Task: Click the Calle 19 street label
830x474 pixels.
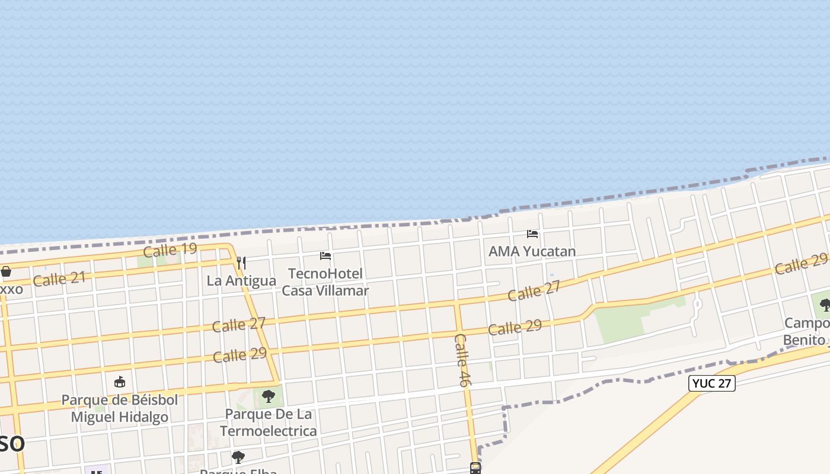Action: pos(170,249)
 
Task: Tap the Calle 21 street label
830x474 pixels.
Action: pos(59,278)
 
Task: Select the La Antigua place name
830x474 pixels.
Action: pos(241,281)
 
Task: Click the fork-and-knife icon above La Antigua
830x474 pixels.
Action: pos(241,262)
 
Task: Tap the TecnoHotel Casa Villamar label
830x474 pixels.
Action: pos(325,282)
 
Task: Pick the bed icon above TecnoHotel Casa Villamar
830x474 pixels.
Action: pos(325,256)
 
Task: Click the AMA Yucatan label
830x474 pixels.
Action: pos(532,251)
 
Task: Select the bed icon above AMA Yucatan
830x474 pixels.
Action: pos(532,234)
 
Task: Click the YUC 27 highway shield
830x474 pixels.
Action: pos(711,383)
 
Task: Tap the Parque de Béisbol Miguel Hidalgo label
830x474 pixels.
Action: pos(120,408)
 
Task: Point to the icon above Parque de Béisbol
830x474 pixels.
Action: pos(120,382)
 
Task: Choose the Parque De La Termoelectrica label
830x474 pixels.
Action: pos(269,422)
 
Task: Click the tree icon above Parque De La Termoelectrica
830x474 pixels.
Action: pos(269,396)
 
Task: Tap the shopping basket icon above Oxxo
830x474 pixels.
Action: pos(6,272)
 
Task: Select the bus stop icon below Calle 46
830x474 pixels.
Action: pos(475,468)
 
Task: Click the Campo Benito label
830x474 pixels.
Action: pos(806,332)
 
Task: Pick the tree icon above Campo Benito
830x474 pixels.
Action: pos(825,305)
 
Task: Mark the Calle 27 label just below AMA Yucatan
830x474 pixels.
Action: pos(534,292)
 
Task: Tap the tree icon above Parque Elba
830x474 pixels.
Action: pos(238,457)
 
